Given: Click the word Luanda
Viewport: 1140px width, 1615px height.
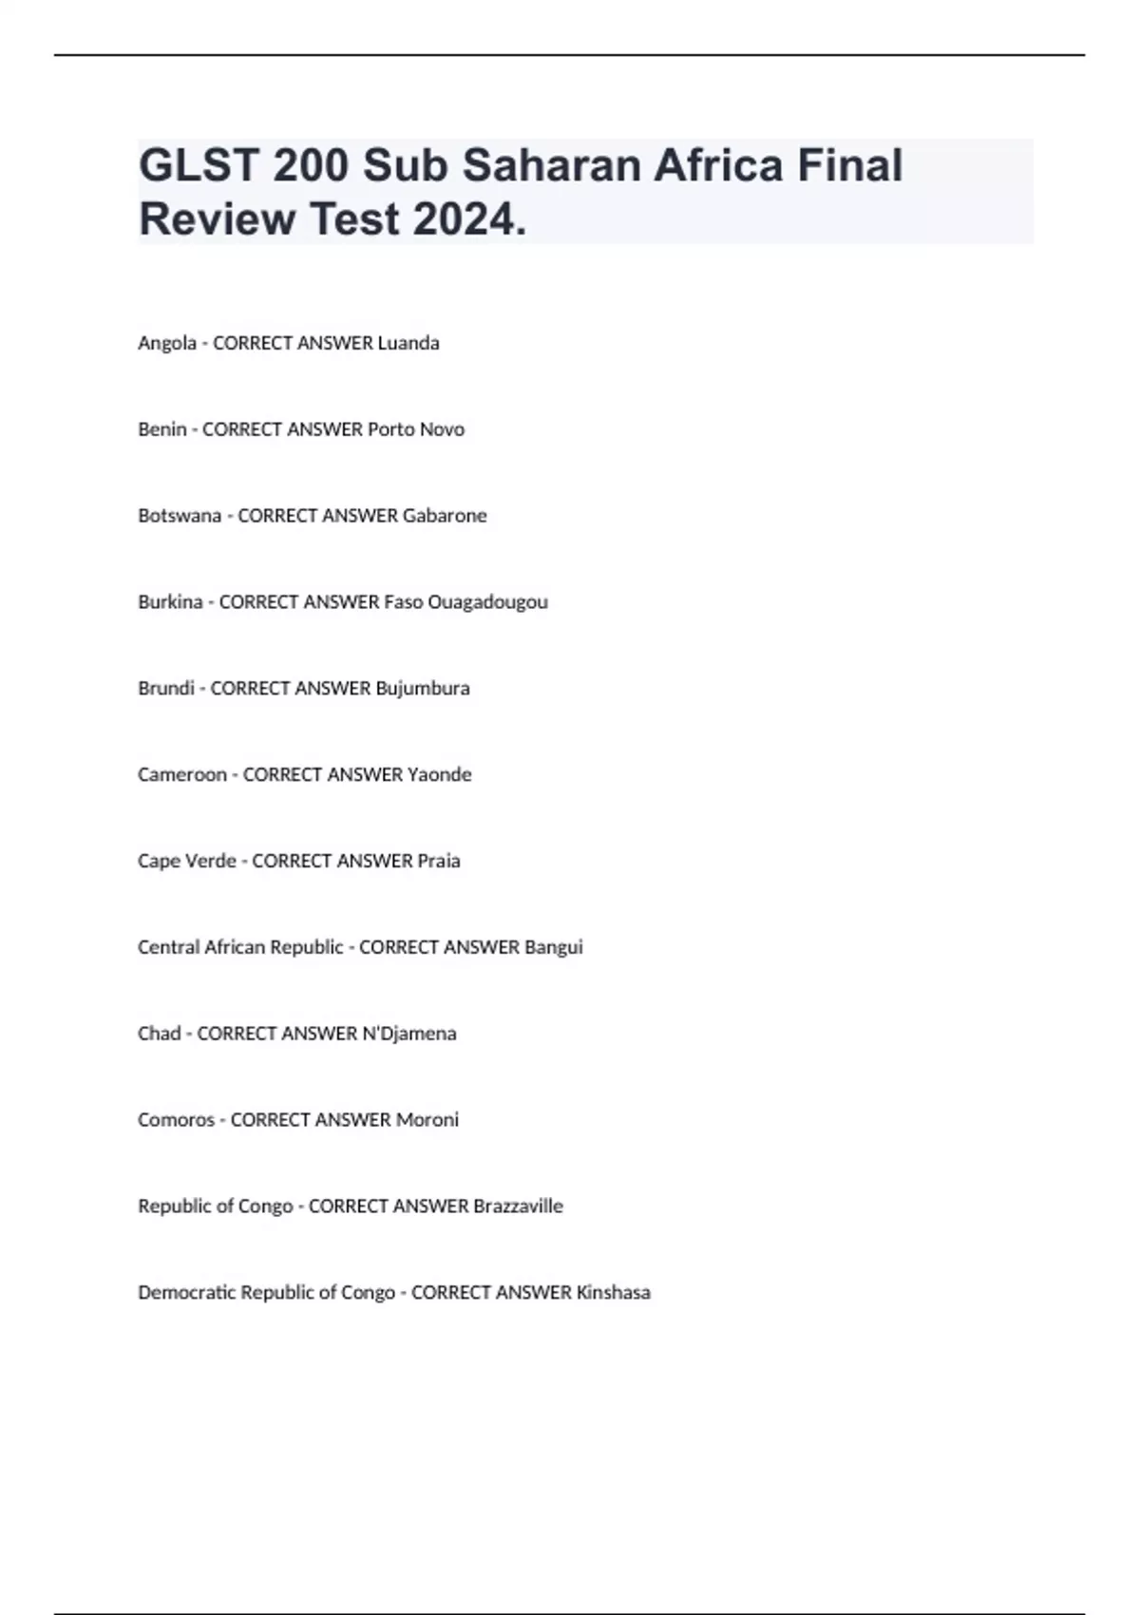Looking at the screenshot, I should click(x=408, y=343).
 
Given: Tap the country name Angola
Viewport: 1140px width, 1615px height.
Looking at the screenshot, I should click(x=166, y=343).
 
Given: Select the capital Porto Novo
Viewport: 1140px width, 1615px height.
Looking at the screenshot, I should click(x=416, y=429).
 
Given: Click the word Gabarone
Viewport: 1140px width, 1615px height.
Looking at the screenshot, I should click(x=445, y=516).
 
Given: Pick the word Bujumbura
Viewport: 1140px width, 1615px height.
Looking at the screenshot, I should click(x=423, y=689).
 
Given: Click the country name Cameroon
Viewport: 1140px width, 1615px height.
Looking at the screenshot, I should click(x=182, y=775).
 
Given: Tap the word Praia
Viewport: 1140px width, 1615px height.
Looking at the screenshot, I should click(x=439, y=862).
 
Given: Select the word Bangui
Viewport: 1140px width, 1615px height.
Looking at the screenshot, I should click(x=554, y=947).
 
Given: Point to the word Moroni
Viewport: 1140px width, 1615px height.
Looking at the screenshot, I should click(x=427, y=1120).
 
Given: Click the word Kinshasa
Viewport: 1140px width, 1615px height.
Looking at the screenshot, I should click(x=614, y=1293).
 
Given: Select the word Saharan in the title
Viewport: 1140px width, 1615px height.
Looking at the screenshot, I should click(x=551, y=165).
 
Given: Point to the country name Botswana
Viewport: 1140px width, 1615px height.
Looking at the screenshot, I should click(x=180, y=516).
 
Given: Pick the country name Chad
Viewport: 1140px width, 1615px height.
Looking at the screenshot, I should click(x=159, y=1034).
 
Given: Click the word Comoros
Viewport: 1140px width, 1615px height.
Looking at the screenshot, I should click(x=176, y=1120).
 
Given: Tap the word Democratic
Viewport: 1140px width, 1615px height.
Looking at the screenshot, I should click(x=186, y=1293).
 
